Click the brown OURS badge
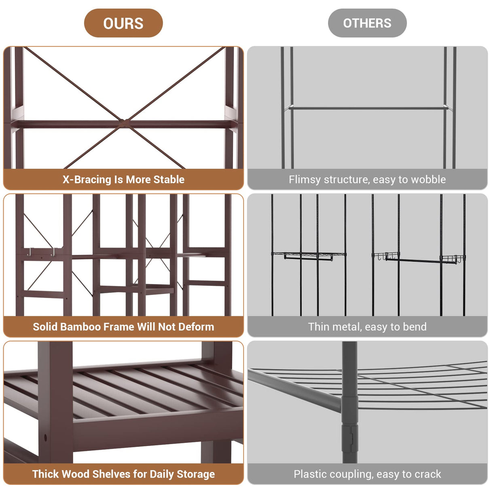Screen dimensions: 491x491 [x=123, y=23]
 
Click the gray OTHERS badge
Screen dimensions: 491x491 [x=367, y=23]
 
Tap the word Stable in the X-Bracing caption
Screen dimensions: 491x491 [x=169, y=180]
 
